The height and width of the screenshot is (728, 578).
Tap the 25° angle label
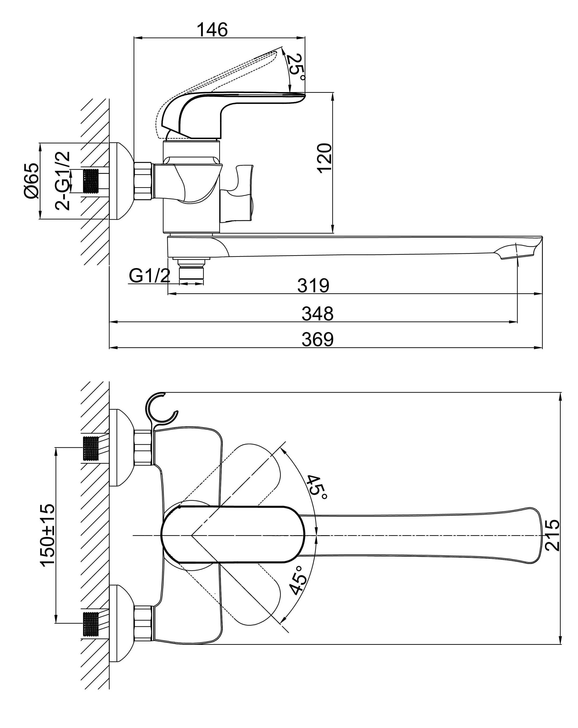pos(296,67)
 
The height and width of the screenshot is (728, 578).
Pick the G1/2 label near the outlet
pos(149,276)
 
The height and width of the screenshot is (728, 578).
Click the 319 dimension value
pos(313,286)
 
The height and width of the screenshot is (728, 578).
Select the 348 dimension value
pos(317,313)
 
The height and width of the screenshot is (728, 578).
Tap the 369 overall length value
pos(317,339)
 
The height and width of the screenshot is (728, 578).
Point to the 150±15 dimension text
pos(47,534)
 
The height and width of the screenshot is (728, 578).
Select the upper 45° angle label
pos(317,490)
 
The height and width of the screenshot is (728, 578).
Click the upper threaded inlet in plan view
pos(91,448)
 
